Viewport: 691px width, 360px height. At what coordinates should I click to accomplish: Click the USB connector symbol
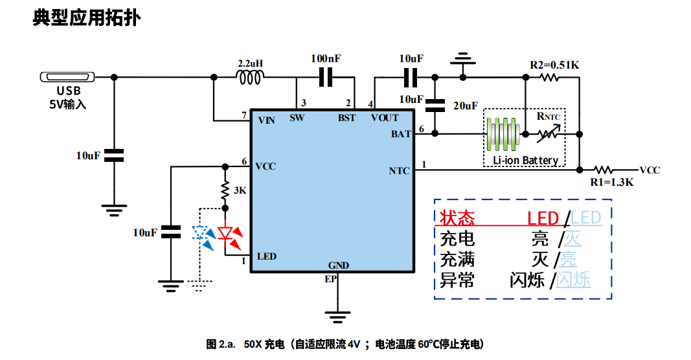(68, 77)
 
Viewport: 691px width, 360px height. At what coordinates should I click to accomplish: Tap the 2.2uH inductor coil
(250, 78)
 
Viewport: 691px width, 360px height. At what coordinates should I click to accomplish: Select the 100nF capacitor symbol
(326, 78)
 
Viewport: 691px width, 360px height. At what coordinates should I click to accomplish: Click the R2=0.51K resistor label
(554, 65)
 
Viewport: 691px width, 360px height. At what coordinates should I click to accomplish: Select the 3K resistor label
(240, 190)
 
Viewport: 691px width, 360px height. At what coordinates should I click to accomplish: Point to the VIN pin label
(266, 120)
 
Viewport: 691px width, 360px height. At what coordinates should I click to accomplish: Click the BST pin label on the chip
(346, 118)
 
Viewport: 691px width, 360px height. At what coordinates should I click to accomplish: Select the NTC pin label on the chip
(399, 171)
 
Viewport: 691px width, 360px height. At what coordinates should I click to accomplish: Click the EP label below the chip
(331, 279)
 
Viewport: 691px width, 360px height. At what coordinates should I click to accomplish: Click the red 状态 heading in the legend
(457, 218)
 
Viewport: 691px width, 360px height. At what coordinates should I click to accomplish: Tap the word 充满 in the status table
(457, 260)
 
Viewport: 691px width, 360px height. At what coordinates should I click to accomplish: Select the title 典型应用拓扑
(87, 18)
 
